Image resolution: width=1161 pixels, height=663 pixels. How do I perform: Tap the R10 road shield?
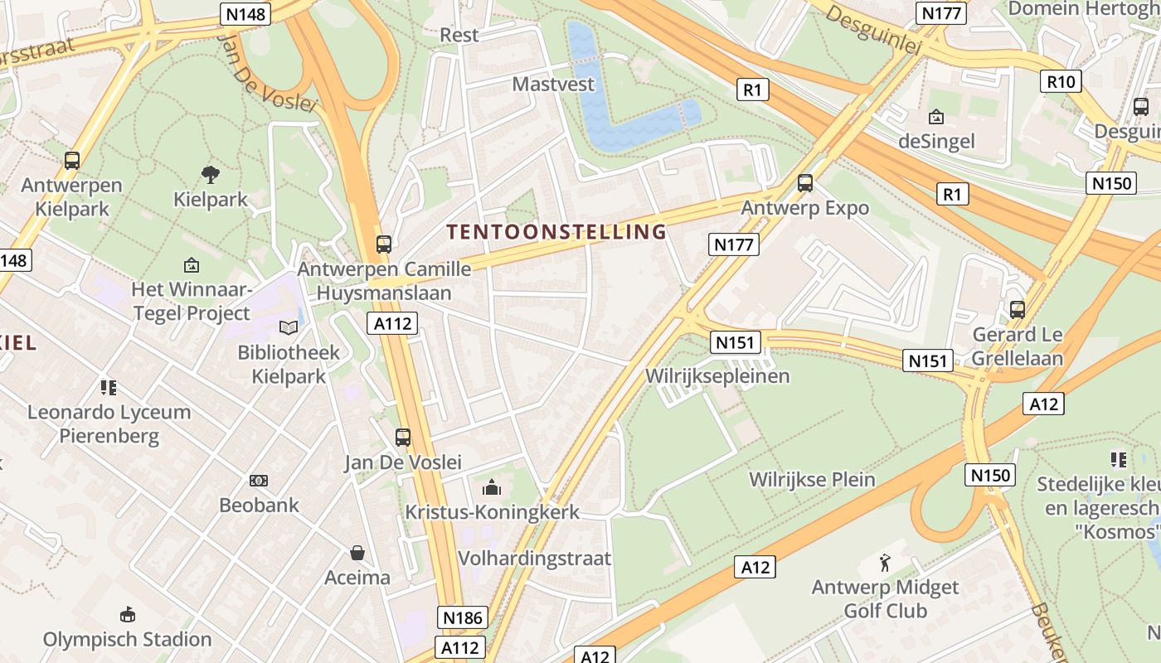pyautogui.click(x=1061, y=81)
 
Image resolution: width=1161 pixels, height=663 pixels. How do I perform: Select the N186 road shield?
pyautogui.click(x=462, y=617)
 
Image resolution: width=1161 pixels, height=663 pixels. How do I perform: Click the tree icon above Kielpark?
pyautogui.click(x=211, y=174)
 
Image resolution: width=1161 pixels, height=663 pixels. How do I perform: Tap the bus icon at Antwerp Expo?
pyautogui.click(x=804, y=183)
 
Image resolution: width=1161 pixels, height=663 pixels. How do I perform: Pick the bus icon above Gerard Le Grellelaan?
pyautogui.click(x=1017, y=310)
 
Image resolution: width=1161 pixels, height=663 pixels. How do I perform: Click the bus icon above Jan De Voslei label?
pyautogui.click(x=403, y=437)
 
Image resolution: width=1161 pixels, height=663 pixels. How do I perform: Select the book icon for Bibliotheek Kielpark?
pyautogui.click(x=289, y=328)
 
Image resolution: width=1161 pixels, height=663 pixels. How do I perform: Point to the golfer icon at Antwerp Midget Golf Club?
pyautogui.click(x=886, y=563)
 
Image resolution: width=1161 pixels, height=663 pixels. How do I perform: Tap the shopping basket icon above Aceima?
pyautogui.click(x=357, y=552)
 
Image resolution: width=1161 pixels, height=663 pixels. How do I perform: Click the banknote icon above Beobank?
pyautogui.click(x=259, y=480)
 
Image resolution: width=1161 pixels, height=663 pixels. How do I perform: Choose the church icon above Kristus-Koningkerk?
pyautogui.click(x=492, y=487)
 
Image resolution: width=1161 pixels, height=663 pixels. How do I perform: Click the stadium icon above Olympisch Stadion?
pyautogui.click(x=128, y=614)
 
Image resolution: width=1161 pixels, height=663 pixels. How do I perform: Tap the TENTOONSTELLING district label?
pyautogui.click(x=557, y=232)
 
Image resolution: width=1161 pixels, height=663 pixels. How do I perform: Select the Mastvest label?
pyautogui.click(x=553, y=85)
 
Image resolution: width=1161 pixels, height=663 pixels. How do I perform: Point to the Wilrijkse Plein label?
pyautogui.click(x=812, y=479)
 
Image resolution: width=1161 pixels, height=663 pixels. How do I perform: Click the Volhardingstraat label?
pyautogui.click(x=534, y=558)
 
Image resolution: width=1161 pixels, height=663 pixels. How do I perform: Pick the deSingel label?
pyautogui.click(x=936, y=142)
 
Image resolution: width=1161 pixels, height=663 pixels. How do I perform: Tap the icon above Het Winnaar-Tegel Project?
pyautogui.click(x=192, y=265)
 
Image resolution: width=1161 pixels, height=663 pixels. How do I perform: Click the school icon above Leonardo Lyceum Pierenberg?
pyautogui.click(x=109, y=387)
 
